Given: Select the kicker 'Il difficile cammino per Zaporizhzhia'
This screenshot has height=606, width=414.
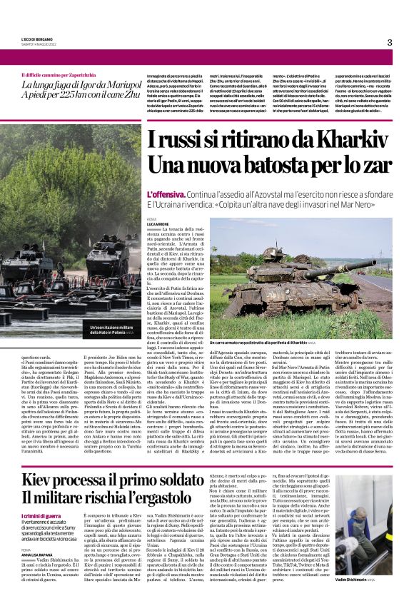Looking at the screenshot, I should coord(64,75).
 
